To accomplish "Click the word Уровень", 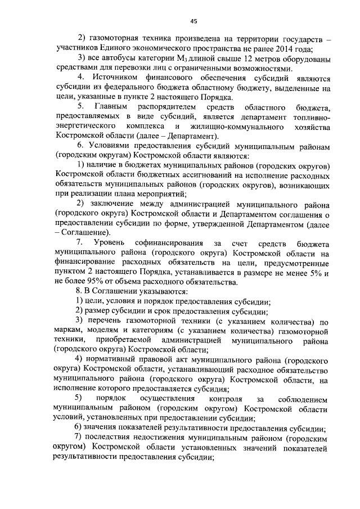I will [x=105, y=242].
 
